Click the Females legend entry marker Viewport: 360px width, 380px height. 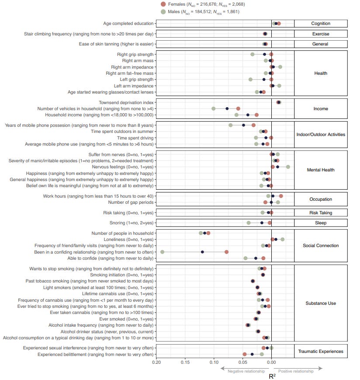pos(163,4)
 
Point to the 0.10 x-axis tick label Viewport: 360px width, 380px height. pos(214,363)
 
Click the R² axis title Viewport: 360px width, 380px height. pos(272,375)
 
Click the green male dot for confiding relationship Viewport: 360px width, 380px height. pos(162,252)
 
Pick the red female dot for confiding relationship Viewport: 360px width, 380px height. pos(226,252)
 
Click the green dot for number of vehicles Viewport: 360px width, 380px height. pos(213,108)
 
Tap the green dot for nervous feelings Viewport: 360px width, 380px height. pos(288,167)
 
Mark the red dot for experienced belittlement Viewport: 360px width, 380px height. pos(245,354)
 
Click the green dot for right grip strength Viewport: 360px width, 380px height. pos(253,54)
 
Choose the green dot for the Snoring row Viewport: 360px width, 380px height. pos(249,223)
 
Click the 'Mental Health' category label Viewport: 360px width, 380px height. pos(320,170)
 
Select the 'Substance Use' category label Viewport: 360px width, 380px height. pos(320,303)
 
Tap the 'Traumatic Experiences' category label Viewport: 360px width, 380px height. pos(320,351)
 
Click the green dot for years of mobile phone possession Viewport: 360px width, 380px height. pos(231,126)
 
